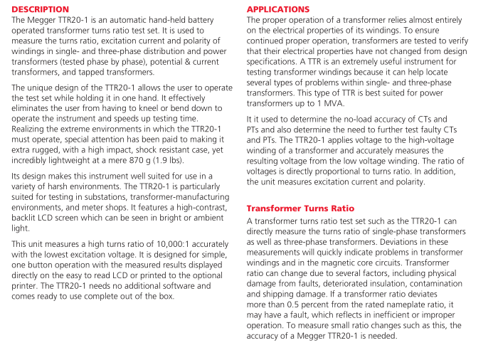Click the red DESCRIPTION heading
click(41, 9)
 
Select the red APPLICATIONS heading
click(278, 9)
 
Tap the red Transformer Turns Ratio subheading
click(300, 208)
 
